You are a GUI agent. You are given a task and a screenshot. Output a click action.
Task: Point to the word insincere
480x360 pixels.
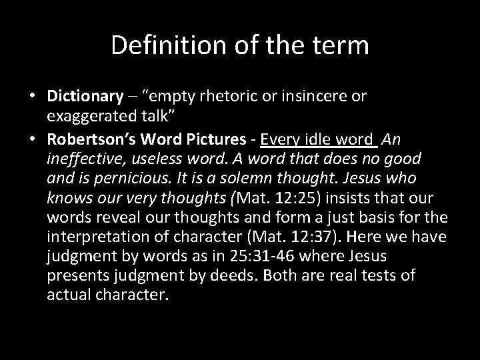point(311,96)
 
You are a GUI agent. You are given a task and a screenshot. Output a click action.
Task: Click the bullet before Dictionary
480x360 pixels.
point(33,96)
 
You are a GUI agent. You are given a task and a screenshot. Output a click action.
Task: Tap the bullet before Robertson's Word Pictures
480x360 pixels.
point(33,139)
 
